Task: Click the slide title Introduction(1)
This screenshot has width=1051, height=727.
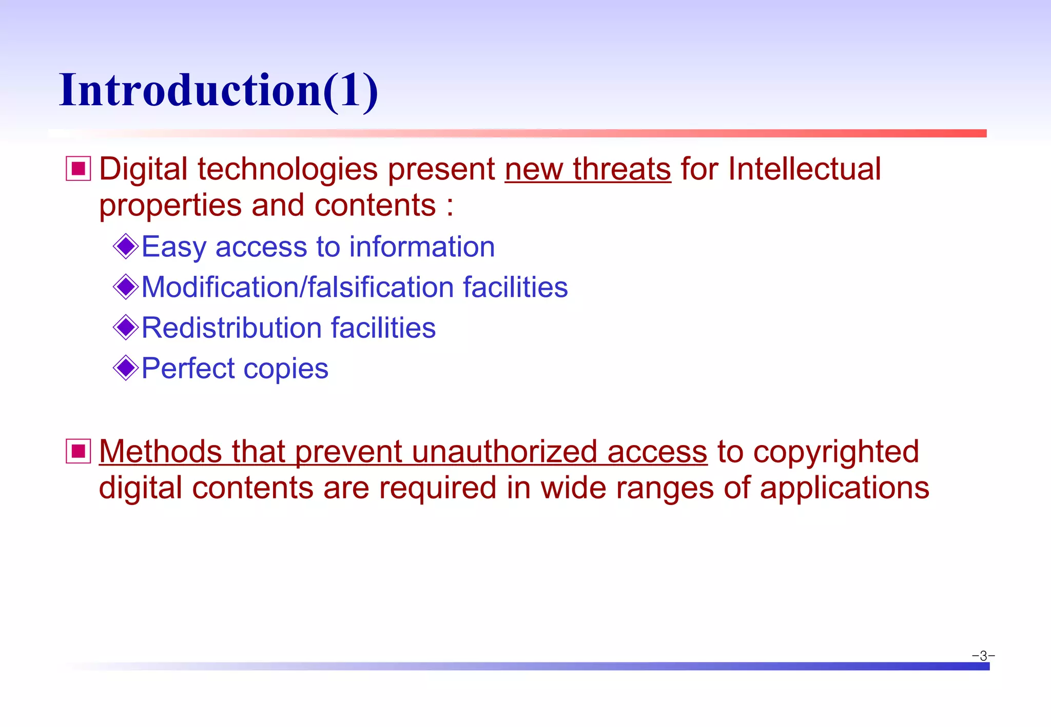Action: pyautogui.click(x=219, y=91)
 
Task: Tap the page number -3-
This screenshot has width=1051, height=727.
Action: pyautogui.click(x=983, y=656)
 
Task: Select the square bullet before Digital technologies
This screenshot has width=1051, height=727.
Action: pyautogui.click(x=79, y=169)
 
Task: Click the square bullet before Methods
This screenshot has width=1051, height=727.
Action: pyautogui.click(x=79, y=451)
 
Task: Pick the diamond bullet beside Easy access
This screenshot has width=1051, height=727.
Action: pyautogui.click(x=126, y=247)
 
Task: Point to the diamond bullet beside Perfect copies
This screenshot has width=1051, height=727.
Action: pyautogui.click(x=126, y=368)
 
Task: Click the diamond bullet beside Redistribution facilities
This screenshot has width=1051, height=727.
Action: pyautogui.click(x=126, y=327)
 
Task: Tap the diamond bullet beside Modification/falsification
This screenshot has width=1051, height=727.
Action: pyautogui.click(x=126, y=287)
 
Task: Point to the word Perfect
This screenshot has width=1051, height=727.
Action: pyautogui.click(x=188, y=368)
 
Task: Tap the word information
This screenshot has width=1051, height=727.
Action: pyautogui.click(x=422, y=247)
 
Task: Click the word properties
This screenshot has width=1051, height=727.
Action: pyautogui.click(x=170, y=206)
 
